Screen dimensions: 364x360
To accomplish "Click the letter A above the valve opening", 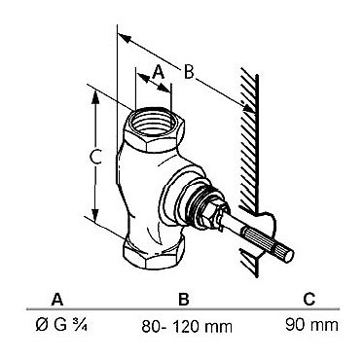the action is [159, 72].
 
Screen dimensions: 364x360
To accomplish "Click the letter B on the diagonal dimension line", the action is [189, 72].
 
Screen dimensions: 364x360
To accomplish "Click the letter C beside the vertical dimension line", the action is [95, 158].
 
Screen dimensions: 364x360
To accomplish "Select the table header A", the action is [57, 299].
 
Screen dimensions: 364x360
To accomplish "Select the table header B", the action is [184, 299].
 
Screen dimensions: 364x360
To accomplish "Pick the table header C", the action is [309, 299].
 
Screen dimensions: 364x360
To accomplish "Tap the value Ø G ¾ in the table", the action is [61, 325].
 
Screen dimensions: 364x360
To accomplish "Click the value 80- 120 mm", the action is [187, 326].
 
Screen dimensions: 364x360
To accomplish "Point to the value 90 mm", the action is [311, 325].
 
